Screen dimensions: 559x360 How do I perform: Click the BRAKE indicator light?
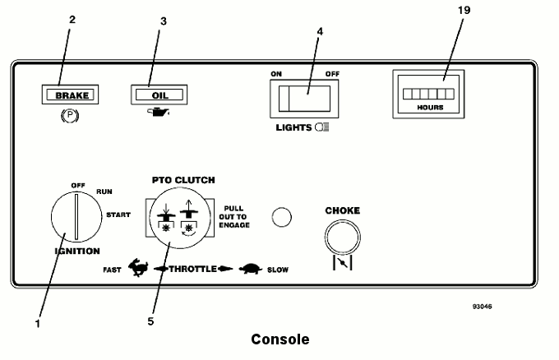pos(70,95)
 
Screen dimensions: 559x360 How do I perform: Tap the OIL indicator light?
pos(159,95)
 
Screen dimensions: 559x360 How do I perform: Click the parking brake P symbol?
pos(70,116)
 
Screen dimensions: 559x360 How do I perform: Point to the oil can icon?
pos(159,113)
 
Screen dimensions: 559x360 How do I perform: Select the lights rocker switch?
pos(304,99)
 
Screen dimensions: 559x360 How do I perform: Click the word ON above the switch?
pos(276,74)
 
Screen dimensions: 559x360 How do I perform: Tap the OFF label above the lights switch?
pos(332,74)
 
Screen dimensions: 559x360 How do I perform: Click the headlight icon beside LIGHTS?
pos(322,127)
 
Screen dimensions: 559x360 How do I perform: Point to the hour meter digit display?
pos(428,94)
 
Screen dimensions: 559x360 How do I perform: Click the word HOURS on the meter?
pos(430,108)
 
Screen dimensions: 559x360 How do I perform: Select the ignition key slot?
pos(76,217)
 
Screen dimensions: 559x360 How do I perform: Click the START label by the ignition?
pos(118,215)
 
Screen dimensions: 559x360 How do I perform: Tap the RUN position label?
pos(104,192)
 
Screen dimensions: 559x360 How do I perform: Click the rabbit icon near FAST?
pos(138,267)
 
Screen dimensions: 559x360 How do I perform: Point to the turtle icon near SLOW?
pos(251,269)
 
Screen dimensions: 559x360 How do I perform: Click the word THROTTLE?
pos(193,269)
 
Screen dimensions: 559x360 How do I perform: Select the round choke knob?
pos(342,238)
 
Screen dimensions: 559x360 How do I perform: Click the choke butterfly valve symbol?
pos(343,263)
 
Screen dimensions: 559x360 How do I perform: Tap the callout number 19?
pos(464,11)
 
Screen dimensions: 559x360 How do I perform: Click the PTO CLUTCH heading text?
pos(183,180)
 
